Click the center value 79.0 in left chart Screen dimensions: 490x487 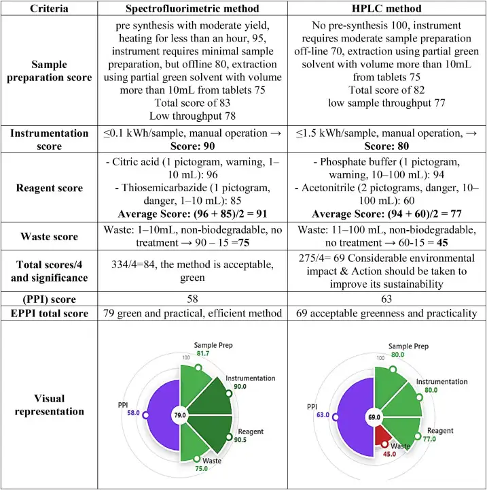tap(180, 414)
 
